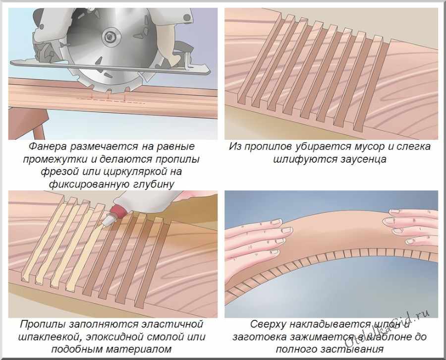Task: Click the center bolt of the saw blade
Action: pyautogui.click(x=110, y=37)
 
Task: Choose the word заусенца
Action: pyautogui.click(x=363, y=159)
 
